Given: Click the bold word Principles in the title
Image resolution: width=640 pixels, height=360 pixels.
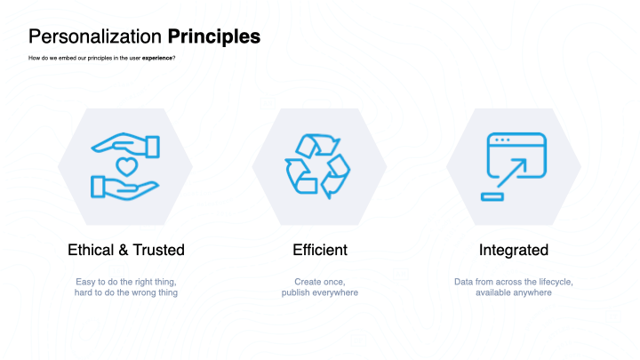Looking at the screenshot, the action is (214, 37).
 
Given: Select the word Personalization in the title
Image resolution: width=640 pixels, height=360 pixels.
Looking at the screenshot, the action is (95, 36).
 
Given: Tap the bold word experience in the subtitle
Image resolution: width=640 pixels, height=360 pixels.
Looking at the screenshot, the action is (157, 58).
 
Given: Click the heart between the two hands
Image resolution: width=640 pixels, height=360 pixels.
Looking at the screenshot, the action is (126, 166).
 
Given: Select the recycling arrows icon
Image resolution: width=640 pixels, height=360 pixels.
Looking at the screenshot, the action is (317, 166).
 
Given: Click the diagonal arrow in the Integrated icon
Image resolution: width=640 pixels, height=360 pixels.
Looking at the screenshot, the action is (512, 172).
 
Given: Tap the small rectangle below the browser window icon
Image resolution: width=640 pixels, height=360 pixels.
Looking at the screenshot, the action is (492, 197).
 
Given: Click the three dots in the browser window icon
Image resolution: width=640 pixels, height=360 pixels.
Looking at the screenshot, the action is (502, 140).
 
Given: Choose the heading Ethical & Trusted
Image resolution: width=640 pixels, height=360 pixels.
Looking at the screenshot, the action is (126, 250).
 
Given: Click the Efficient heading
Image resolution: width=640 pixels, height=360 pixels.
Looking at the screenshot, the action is (320, 250).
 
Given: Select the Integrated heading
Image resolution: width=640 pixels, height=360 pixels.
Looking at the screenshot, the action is (514, 250).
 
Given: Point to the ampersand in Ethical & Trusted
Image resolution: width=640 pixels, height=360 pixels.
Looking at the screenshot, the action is (124, 250).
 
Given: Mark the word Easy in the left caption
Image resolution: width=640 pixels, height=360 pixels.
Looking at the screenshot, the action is (85, 282).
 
